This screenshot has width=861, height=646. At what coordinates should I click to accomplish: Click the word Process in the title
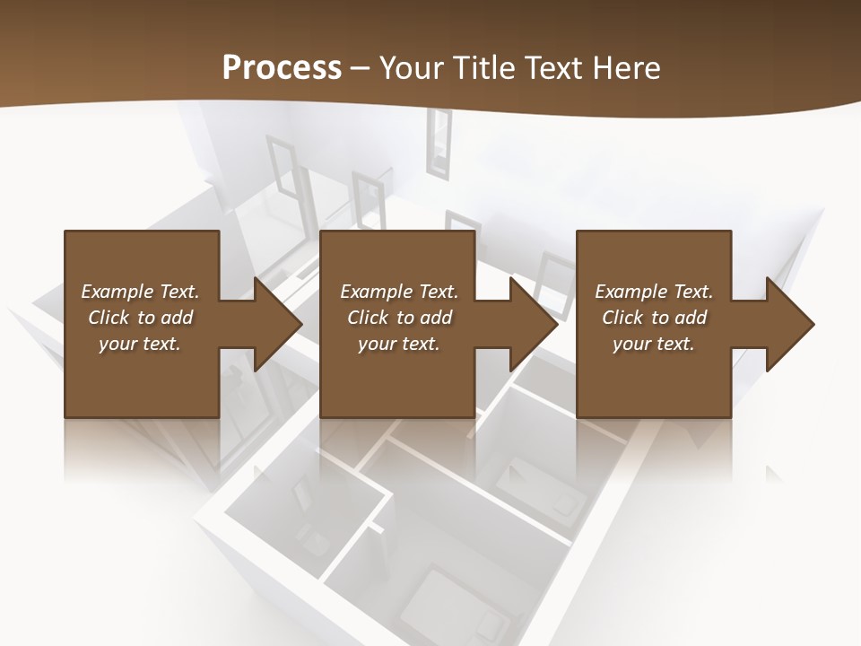pos(282,68)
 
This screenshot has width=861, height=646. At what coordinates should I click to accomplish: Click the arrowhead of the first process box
pos(277,324)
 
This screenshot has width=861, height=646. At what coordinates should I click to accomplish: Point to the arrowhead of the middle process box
pos(534,324)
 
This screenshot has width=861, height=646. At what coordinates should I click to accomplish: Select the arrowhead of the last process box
pos(789,324)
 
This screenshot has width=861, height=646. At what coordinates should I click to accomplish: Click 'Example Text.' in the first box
pos(140,292)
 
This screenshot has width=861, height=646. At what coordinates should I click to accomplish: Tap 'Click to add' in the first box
pos(140,318)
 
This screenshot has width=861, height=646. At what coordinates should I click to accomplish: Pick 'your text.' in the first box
pos(140,344)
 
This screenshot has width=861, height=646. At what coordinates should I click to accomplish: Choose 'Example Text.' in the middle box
pos(399,292)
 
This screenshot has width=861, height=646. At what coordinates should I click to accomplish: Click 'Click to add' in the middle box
pos(399,318)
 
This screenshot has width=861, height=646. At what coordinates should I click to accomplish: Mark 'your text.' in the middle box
pos(399,344)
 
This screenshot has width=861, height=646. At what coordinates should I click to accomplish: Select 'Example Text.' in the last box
pos(654,292)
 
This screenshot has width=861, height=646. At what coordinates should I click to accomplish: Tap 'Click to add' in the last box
pos(654,318)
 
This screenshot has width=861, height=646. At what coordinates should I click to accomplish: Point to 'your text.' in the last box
pos(654,344)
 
